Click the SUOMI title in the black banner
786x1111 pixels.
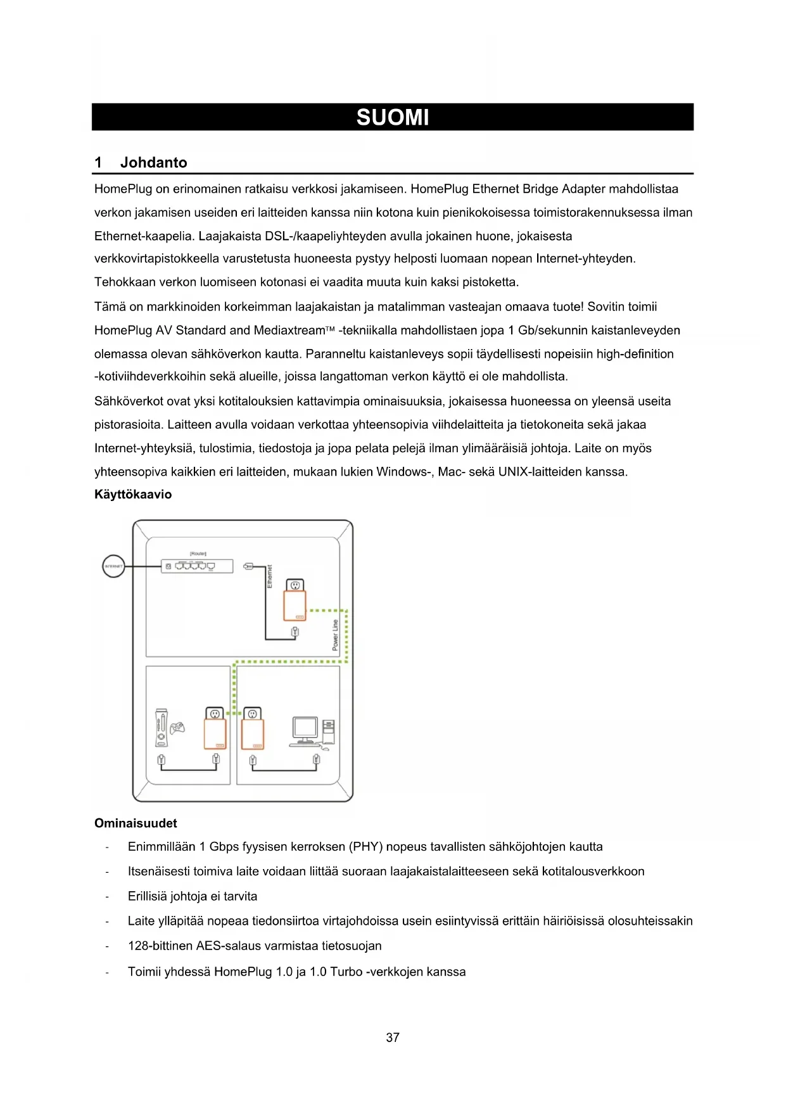(x=393, y=118)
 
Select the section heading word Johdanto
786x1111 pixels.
(x=153, y=163)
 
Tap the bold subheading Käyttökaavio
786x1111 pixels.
(x=133, y=495)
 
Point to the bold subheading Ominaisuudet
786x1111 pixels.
(x=136, y=823)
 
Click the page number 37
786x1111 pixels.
(x=393, y=1038)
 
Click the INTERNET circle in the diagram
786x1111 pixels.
(x=113, y=566)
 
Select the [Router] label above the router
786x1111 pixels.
(x=198, y=554)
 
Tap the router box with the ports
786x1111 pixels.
(x=197, y=566)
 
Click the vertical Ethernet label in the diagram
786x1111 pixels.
(x=270, y=576)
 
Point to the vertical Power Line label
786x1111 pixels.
(x=336, y=635)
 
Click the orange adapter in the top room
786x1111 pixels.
(x=295, y=606)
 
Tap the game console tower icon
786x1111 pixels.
(x=162, y=728)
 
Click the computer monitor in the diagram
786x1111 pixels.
(x=305, y=730)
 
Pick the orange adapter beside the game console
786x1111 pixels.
(x=215, y=735)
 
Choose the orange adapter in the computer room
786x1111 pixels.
(x=253, y=735)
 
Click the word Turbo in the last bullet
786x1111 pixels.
(x=346, y=972)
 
